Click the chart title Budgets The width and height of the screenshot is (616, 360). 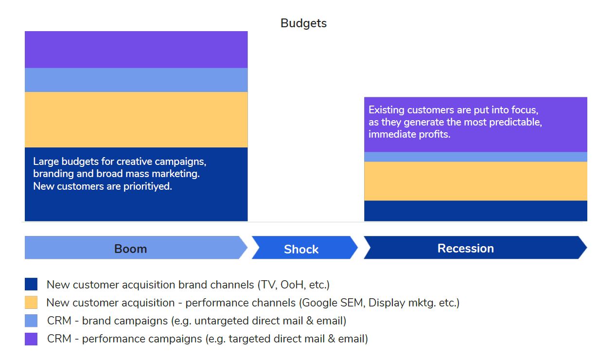(303, 23)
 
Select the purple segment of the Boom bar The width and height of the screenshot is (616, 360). (136, 50)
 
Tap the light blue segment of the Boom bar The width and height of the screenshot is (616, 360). (136, 80)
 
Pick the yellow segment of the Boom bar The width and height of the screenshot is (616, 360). (136, 120)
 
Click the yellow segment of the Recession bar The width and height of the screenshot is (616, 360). (476, 181)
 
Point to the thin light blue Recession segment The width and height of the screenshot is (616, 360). (476, 157)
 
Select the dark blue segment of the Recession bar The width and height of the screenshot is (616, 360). (476, 211)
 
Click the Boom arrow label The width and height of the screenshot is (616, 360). (131, 249)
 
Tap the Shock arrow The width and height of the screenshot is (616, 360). (305, 248)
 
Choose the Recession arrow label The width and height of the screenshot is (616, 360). (466, 248)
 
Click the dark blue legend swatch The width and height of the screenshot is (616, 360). (31, 284)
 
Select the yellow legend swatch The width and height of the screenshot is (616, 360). (31, 302)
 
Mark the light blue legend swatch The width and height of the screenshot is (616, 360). (31, 321)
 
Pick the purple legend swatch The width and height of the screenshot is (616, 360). (31, 339)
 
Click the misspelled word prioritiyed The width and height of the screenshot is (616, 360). (148, 187)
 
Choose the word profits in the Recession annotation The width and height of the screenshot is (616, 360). (435, 135)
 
